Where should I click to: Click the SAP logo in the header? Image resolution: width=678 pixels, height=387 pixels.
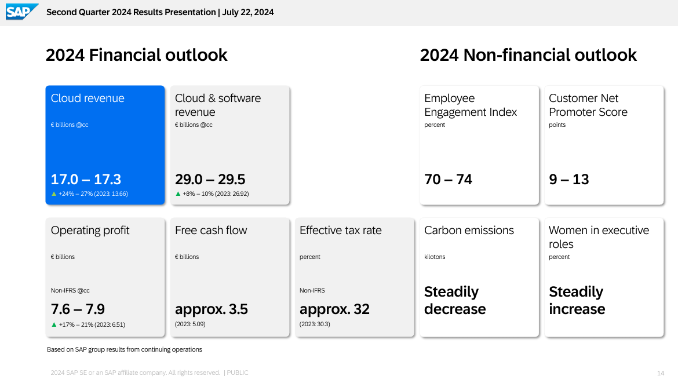21,12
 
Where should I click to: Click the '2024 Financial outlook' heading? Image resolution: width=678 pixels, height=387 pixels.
136,56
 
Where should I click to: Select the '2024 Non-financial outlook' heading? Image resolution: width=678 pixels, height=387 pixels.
528,56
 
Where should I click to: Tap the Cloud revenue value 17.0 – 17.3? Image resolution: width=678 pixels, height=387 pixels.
86,179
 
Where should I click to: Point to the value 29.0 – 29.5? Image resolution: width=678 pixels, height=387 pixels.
210,179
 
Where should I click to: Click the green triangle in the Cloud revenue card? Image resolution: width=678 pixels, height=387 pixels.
54,193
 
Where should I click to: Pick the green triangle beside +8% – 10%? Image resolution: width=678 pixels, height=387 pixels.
178,193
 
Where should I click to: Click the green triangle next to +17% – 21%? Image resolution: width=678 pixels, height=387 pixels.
54,324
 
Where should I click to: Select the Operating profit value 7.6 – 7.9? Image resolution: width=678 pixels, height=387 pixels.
78,309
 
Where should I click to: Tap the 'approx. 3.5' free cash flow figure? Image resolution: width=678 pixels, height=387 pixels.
212,309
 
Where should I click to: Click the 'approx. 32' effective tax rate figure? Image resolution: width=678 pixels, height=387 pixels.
335,309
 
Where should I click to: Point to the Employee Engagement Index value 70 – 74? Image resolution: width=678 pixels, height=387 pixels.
448,179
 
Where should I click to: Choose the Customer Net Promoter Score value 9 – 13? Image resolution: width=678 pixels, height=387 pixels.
568,179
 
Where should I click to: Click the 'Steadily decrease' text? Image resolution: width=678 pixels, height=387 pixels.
455,300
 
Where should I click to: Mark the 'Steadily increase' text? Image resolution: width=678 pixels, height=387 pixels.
577,300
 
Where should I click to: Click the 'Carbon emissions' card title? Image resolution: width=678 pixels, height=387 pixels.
469,230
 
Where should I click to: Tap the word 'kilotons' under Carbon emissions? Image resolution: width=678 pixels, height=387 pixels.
435,257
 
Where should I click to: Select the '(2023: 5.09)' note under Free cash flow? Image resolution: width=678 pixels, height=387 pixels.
190,324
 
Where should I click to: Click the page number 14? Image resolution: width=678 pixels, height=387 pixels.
660,373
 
